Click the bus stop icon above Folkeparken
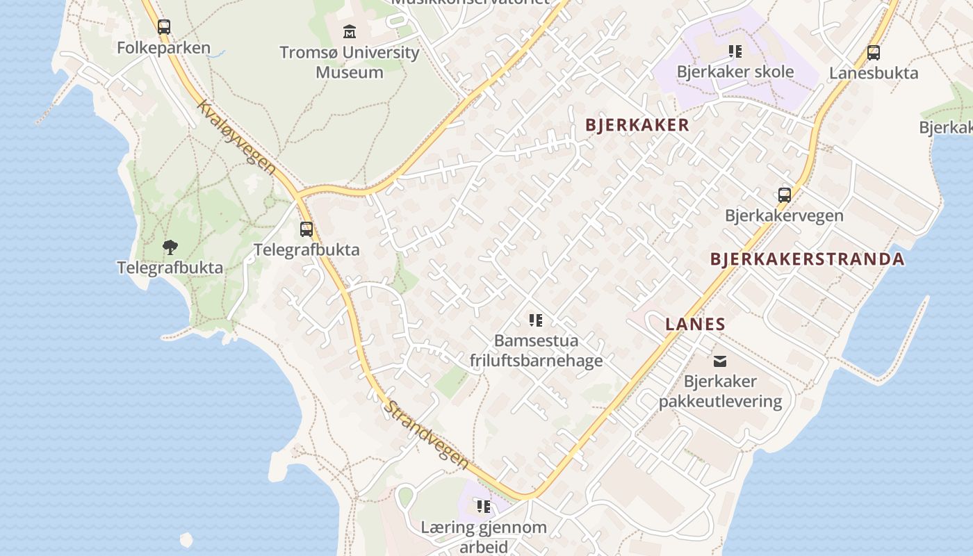click(164, 27)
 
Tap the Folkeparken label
click(163, 48)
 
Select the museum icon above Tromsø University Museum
click(350, 32)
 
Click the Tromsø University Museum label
click(350, 62)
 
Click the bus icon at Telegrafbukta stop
click(306, 229)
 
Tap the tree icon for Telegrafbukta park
click(170, 247)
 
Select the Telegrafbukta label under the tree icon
click(170, 268)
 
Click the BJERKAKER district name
click(637, 125)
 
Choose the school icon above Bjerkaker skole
click(735, 51)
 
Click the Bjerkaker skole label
click(735, 72)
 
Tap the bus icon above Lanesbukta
click(874, 53)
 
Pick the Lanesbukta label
click(874, 73)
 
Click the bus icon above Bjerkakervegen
click(785, 195)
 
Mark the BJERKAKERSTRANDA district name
click(807, 259)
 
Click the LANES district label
click(695, 324)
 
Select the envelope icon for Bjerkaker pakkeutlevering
click(720, 361)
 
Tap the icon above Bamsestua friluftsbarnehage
click(536, 320)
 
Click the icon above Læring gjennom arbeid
click(484, 507)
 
